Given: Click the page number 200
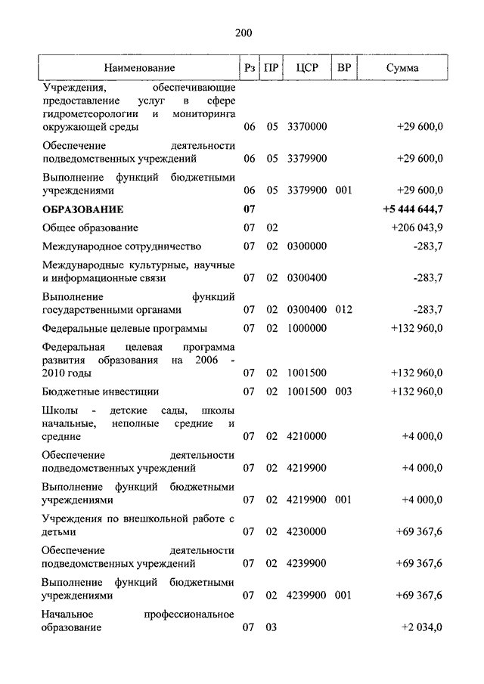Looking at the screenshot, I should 242,32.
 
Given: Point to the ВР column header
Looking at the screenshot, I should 344,68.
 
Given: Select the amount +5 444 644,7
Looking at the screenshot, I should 413,209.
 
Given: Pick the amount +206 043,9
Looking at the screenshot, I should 417,227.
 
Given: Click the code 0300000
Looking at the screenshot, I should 307,246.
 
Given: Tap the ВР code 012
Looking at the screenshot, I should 344,309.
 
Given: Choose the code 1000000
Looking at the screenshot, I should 307,328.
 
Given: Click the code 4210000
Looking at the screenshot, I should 307,436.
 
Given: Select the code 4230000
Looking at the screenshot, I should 307,531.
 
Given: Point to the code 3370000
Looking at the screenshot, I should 307,127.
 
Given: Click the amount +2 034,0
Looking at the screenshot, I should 423,627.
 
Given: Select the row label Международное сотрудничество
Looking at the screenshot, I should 122,246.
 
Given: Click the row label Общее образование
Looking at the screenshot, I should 90,227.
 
